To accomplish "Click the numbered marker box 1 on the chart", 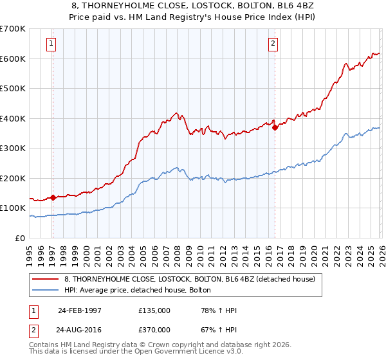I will (x=51, y=44).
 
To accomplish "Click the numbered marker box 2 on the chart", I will (x=273, y=44).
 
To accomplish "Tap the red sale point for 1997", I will (x=53, y=198).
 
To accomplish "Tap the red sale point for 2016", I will (x=275, y=127).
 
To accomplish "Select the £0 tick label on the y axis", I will (x=21, y=238).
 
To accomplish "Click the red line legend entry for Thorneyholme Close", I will (x=189, y=279).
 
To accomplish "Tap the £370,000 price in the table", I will (x=154, y=328).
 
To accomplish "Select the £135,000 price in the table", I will (x=154, y=310).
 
